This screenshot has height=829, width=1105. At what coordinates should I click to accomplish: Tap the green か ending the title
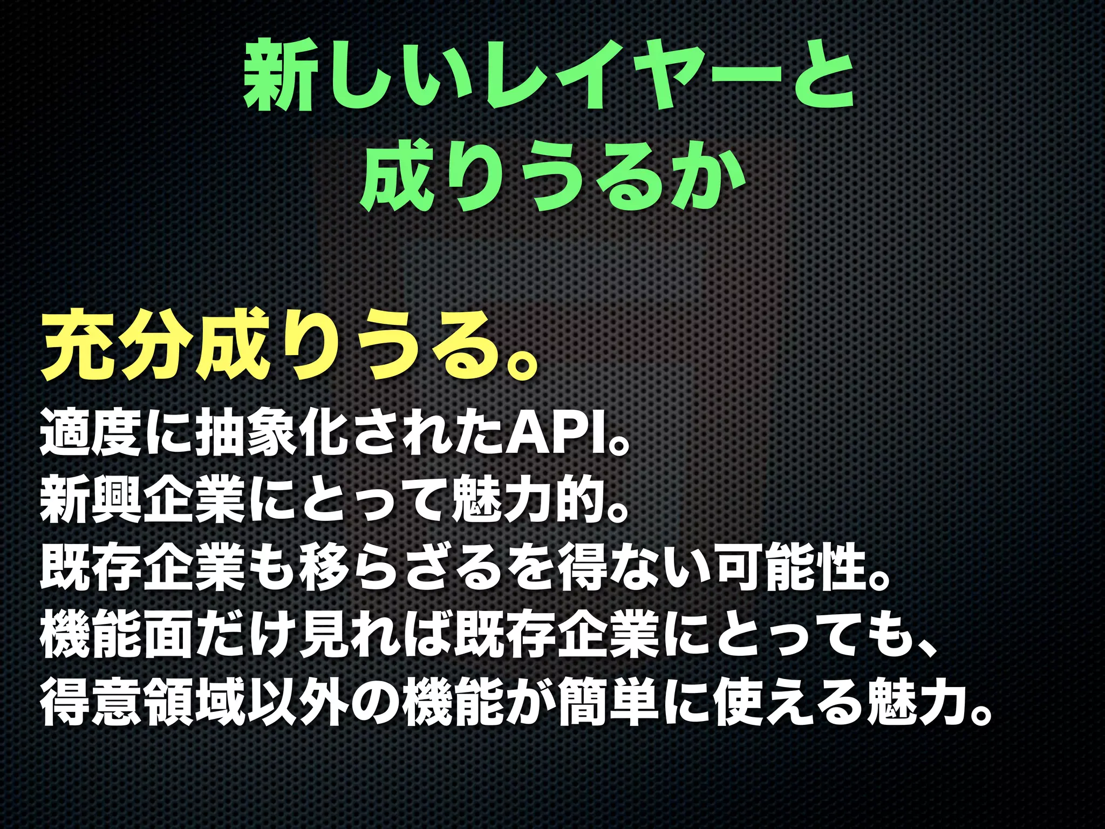712,181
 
